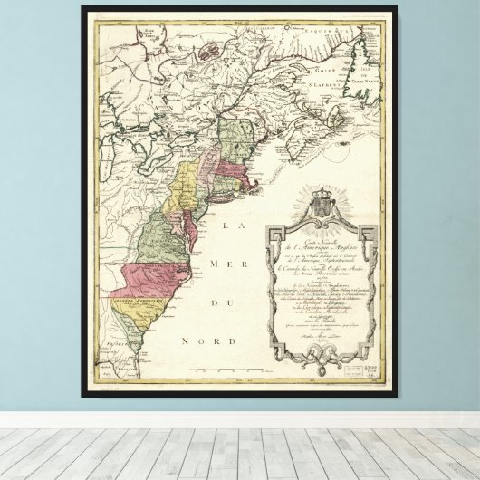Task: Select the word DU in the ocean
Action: click(217, 303)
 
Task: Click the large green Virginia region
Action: click(158, 240)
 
